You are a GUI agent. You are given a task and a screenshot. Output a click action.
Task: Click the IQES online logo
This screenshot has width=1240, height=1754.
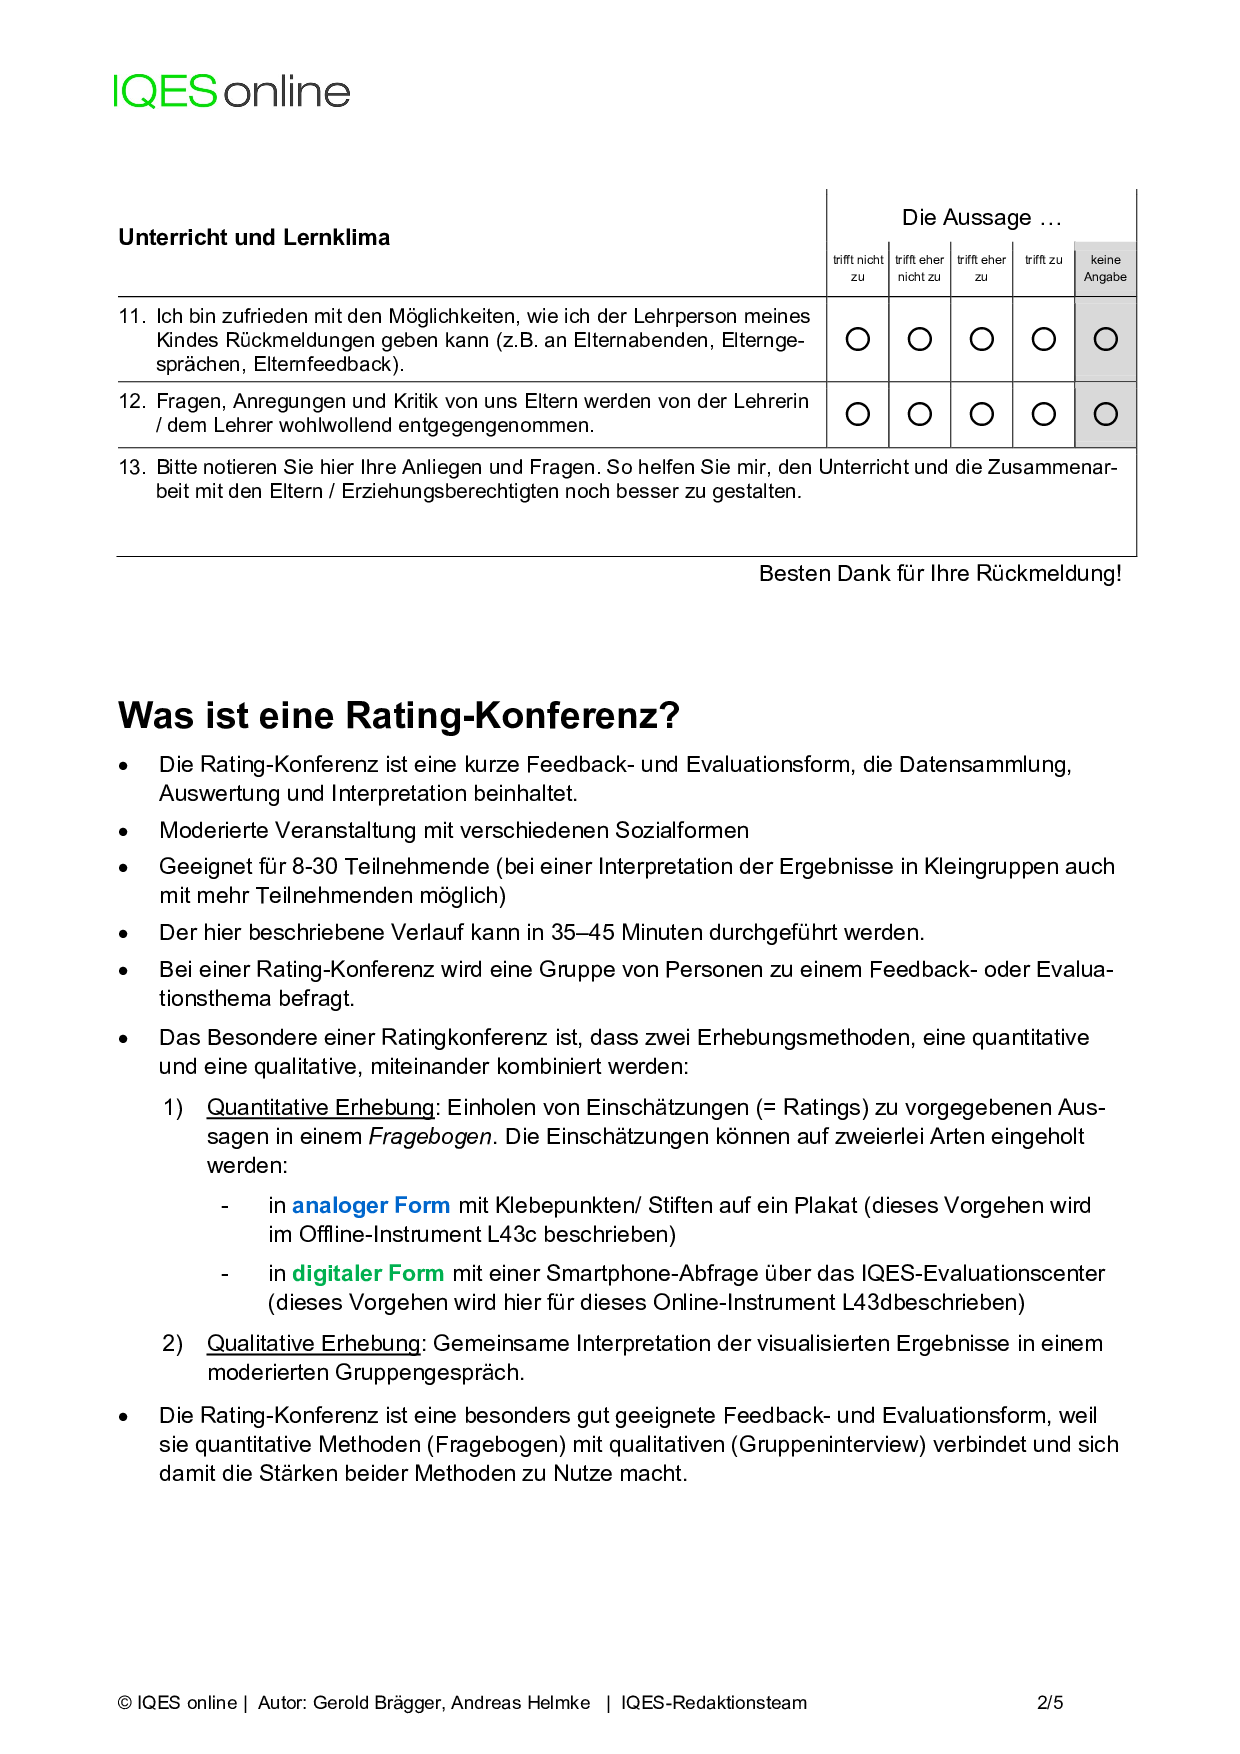(231, 92)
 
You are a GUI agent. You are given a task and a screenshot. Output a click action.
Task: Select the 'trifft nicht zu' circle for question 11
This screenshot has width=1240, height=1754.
(858, 339)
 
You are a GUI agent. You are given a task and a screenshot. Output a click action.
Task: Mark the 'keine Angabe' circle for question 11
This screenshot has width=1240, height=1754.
(1105, 339)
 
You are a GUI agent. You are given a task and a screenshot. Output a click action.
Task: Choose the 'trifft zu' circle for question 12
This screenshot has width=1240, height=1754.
(1043, 414)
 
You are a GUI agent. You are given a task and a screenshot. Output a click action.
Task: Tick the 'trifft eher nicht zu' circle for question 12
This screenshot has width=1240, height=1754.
(920, 414)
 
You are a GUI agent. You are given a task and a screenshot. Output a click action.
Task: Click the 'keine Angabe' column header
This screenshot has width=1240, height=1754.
(1105, 268)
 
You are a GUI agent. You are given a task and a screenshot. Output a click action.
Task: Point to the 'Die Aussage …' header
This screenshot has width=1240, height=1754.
(981, 217)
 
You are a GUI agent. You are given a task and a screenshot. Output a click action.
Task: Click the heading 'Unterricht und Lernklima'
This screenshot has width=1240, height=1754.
(254, 237)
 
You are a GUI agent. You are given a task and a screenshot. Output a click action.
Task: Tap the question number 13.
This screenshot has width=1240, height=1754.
(131, 467)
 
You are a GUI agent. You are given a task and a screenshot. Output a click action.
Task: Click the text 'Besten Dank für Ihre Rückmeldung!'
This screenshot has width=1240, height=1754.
(940, 573)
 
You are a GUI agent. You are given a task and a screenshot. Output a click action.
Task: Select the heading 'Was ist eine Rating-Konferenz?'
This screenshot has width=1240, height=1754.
(399, 716)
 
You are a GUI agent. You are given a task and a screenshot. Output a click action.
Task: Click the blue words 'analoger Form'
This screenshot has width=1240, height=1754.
(371, 1205)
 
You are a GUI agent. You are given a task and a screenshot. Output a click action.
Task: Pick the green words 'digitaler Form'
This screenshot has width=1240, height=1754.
(368, 1273)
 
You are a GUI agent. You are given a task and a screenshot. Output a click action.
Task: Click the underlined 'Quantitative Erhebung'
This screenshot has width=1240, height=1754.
(321, 1107)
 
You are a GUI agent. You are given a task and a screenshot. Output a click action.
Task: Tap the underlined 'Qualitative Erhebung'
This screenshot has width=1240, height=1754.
(314, 1343)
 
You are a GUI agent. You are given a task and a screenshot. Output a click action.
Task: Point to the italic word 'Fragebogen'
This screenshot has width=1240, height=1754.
(430, 1136)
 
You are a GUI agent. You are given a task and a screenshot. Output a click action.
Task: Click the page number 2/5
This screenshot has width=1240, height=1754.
(1050, 1702)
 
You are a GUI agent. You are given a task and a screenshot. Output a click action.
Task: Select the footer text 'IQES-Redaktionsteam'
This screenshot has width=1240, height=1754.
(714, 1702)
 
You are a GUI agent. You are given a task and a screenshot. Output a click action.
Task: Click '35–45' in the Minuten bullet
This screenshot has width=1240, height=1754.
(583, 932)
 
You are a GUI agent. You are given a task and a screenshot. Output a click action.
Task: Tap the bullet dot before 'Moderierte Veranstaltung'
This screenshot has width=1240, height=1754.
(123, 831)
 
